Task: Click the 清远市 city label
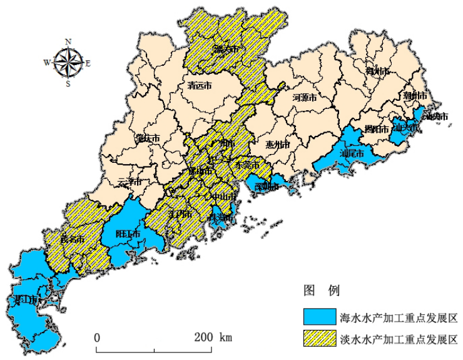point(200,87)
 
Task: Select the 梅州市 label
point(377,72)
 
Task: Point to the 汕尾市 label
point(352,152)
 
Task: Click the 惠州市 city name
point(278,145)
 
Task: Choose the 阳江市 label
point(128,234)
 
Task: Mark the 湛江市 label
point(26,300)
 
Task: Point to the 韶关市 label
point(225,48)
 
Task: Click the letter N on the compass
point(68,41)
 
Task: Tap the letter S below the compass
point(68,83)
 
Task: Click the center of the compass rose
point(68,62)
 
